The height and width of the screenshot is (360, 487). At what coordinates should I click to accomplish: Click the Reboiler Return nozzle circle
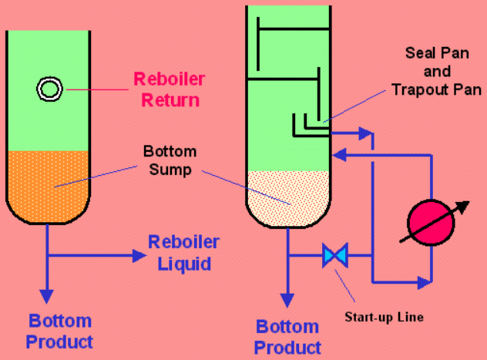point(49,89)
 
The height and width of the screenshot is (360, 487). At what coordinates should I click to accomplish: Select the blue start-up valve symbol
point(335,254)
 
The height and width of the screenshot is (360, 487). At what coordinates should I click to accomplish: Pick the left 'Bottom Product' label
point(61,331)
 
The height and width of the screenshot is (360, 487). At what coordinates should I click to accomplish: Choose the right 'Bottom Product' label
point(288,337)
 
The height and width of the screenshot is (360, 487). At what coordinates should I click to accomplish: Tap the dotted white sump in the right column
point(288,197)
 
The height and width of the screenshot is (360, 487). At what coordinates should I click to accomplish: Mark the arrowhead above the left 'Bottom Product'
point(48,296)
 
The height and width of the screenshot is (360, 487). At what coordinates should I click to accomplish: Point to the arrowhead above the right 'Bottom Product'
point(288,301)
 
